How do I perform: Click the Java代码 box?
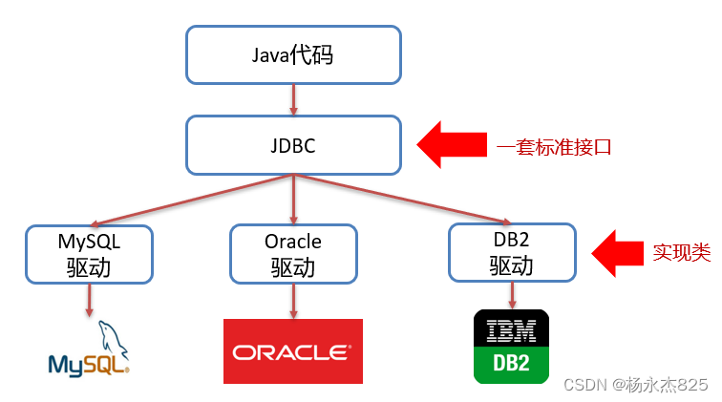[x=292, y=54]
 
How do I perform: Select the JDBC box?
[x=292, y=146]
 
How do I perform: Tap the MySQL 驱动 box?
[x=88, y=253]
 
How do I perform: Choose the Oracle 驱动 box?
[x=293, y=253]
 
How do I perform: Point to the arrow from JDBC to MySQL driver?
[x=191, y=201]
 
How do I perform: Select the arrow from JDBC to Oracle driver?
[x=292, y=200]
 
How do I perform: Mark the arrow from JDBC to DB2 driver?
[x=401, y=200]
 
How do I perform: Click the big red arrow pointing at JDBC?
[x=452, y=145]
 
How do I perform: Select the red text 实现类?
[x=681, y=253]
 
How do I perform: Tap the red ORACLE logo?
[x=292, y=351]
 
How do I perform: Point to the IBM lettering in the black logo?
[x=511, y=330]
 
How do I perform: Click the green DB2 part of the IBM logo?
[x=511, y=365]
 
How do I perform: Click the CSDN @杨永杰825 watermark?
[x=635, y=384]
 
